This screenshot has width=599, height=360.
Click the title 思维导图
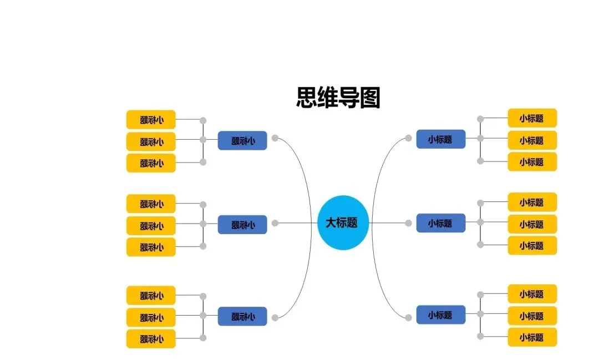338,98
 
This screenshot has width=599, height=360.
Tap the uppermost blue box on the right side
440,139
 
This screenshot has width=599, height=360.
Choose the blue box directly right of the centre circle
440,223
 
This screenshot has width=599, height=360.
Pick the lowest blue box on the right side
440,315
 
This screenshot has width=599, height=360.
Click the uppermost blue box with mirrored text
242,140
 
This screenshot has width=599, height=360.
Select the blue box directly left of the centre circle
242,224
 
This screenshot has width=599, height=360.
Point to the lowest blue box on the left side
242,316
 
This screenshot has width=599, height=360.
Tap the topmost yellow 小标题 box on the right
532,118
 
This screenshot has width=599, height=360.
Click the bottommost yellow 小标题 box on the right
532,337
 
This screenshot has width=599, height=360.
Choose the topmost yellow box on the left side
151,119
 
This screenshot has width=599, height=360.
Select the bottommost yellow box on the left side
151,338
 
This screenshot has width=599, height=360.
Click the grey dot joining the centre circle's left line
275,223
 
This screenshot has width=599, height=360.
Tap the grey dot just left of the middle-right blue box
408,223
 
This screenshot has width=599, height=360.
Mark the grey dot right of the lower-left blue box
275,317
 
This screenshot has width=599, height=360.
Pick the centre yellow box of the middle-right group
532,224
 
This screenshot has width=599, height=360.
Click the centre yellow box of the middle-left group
151,225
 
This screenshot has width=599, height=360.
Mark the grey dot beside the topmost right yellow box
480,119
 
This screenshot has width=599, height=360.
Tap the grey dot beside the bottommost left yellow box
203,338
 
